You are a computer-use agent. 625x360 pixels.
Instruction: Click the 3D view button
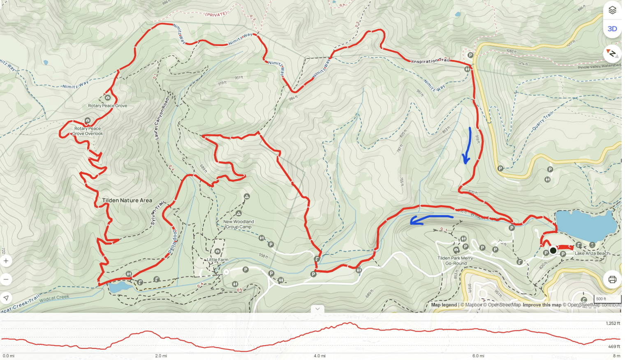(612, 29)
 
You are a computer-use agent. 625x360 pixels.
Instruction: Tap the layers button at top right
(612, 10)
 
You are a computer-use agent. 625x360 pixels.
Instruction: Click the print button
(612, 279)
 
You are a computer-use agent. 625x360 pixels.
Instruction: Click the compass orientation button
(612, 53)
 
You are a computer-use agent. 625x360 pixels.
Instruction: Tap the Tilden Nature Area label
(127, 201)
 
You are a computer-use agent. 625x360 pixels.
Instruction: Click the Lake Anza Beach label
(592, 253)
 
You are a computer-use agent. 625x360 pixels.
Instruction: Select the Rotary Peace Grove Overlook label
(88, 131)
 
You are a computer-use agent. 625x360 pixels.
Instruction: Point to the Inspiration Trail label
(431, 61)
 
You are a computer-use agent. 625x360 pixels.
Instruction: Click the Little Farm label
(218, 260)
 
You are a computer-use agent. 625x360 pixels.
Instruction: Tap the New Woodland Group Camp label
(238, 224)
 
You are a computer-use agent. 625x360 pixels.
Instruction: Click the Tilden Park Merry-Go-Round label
(456, 261)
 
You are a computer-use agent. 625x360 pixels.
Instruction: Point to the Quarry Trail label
(542, 121)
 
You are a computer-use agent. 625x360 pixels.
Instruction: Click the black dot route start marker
(553, 250)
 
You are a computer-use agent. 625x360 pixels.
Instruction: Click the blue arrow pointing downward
(467, 146)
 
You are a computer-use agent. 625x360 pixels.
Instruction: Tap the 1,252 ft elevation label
(613, 323)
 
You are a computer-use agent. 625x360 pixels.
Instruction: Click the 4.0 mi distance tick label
(319, 356)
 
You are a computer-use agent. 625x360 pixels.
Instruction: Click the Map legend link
(444, 305)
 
